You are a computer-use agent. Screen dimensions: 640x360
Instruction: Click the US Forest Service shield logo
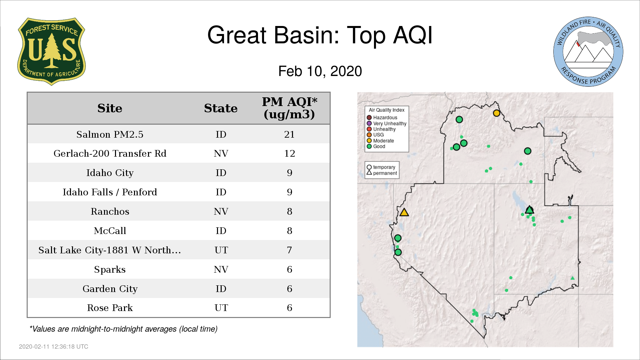(x=51, y=52)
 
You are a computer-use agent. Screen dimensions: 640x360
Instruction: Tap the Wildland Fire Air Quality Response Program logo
(x=588, y=52)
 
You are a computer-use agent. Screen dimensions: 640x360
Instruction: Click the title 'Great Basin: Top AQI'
(x=320, y=35)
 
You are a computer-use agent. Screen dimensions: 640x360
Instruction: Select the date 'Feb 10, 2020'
(x=320, y=71)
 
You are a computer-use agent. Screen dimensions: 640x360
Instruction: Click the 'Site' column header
(x=110, y=108)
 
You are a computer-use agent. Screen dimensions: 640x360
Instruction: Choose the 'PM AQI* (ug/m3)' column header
(x=289, y=108)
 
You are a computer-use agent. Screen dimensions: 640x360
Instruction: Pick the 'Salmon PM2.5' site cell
(x=110, y=134)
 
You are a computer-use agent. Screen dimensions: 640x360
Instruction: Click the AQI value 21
(x=289, y=134)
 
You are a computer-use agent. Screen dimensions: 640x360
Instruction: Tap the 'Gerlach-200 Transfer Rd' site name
(x=110, y=153)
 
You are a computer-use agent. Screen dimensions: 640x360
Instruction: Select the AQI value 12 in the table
(x=289, y=153)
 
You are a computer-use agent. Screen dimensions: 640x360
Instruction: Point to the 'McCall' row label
(x=110, y=231)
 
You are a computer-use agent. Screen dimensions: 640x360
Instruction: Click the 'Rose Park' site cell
(x=110, y=308)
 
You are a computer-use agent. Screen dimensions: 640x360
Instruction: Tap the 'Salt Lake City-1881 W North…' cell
(x=110, y=250)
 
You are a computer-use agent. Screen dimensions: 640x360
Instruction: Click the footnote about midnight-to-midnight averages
(x=123, y=329)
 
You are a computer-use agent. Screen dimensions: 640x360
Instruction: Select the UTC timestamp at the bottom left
(x=53, y=347)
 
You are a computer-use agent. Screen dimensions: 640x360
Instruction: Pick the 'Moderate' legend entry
(x=380, y=141)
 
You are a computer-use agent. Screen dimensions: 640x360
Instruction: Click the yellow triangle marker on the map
(x=404, y=212)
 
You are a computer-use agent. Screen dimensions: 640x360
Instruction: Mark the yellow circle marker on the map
(x=496, y=113)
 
